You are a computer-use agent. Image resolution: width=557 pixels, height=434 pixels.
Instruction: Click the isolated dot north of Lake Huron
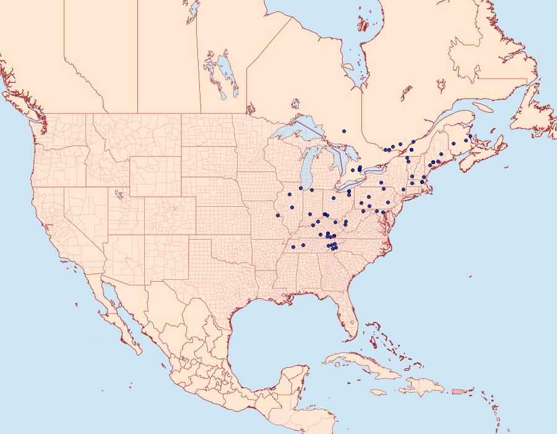[x=344, y=131]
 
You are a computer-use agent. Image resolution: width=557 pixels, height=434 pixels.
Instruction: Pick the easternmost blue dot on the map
[x=470, y=136]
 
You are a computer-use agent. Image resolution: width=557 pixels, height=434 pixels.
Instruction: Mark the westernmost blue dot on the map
[x=278, y=215]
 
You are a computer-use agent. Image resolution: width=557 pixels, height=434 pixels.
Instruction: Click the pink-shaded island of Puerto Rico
[x=458, y=391]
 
